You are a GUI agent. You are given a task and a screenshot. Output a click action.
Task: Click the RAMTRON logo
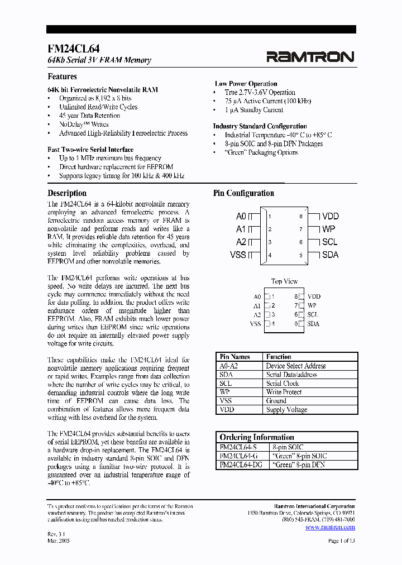(x=310, y=56)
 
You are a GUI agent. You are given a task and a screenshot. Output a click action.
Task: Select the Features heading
(x=62, y=76)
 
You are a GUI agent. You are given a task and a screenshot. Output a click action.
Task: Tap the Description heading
(x=67, y=193)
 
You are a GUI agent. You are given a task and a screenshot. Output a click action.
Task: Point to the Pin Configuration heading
(x=243, y=193)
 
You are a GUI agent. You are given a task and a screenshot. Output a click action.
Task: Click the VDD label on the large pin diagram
(x=331, y=216)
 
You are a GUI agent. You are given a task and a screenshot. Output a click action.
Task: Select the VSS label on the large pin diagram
(x=238, y=255)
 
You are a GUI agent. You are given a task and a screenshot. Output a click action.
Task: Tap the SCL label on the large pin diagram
(x=329, y=242)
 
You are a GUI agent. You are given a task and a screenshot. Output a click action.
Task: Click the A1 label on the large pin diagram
(x=241, y=229)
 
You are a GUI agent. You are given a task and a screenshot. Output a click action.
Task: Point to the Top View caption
(x=284, y=281)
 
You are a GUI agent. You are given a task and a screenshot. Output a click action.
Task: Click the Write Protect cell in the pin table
(x=285, y=392)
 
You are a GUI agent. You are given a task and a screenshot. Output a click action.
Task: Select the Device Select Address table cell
(x=295, y=366)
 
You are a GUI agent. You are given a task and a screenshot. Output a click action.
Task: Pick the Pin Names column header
(x=234, y=357)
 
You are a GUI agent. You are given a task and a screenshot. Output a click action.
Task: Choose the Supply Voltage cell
(x=286, y=410)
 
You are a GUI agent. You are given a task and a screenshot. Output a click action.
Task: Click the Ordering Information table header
(x=257, y=437)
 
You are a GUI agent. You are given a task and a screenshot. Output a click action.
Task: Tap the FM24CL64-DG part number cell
(x=241, y=465)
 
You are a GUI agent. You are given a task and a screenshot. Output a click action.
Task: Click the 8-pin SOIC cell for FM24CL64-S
(x=288, y=447)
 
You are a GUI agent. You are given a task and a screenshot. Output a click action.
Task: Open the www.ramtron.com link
(x=330, y=526)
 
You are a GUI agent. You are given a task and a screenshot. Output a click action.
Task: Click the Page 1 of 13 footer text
(x=341, y=541)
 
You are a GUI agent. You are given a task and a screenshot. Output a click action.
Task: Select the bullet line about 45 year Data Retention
(x=89, y=116)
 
